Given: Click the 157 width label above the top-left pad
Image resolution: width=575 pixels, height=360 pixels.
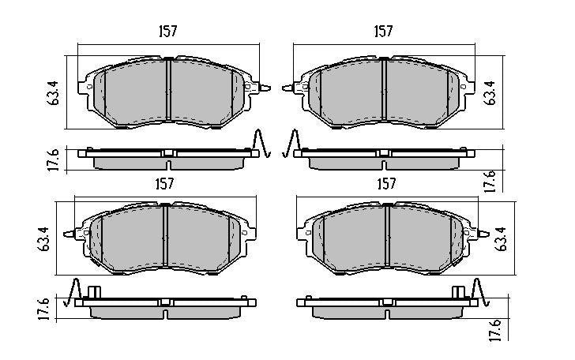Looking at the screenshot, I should tap(167, 31).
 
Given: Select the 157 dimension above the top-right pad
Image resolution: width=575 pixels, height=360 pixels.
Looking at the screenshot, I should tap(383, 31).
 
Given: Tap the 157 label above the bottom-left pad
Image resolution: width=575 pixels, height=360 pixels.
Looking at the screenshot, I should tap(163, 183).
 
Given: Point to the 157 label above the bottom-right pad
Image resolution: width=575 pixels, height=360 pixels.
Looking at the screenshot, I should tap(385, 183).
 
